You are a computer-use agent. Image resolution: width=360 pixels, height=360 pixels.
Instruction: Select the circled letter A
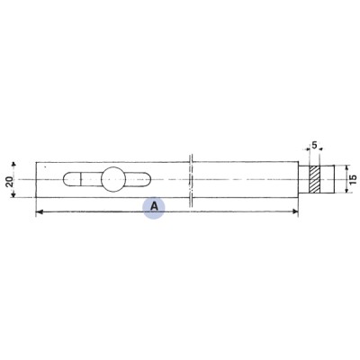point(155,206)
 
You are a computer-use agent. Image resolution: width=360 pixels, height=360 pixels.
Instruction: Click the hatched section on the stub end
point(314,179)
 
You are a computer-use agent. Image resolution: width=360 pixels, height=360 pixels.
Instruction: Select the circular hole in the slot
point(115,179)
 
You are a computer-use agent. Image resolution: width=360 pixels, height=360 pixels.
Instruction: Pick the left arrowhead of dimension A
point(39,212)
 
